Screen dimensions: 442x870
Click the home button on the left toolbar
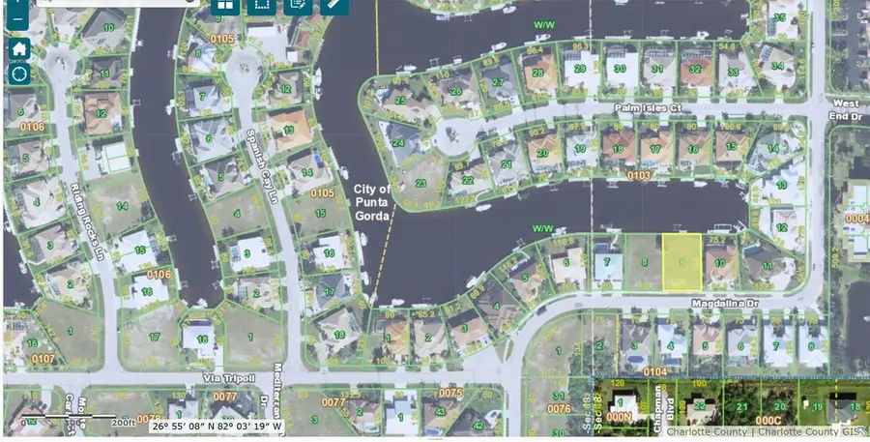coord(19,48)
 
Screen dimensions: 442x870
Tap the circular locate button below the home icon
coord(19,74)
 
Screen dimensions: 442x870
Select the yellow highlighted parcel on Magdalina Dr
coord(682,261)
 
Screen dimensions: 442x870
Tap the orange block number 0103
coord(638,176)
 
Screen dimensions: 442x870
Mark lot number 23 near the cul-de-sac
coord(420,183)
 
